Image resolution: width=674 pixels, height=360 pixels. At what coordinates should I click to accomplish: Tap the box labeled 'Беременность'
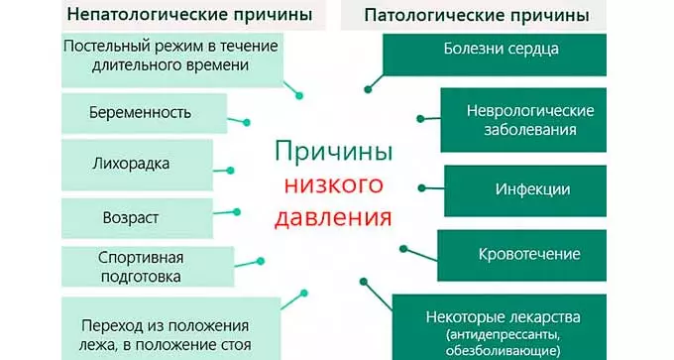[136, 112]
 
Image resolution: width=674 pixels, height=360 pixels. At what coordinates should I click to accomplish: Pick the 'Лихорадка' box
[136, 163]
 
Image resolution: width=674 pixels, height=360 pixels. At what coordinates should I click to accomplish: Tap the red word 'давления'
[333, 215]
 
